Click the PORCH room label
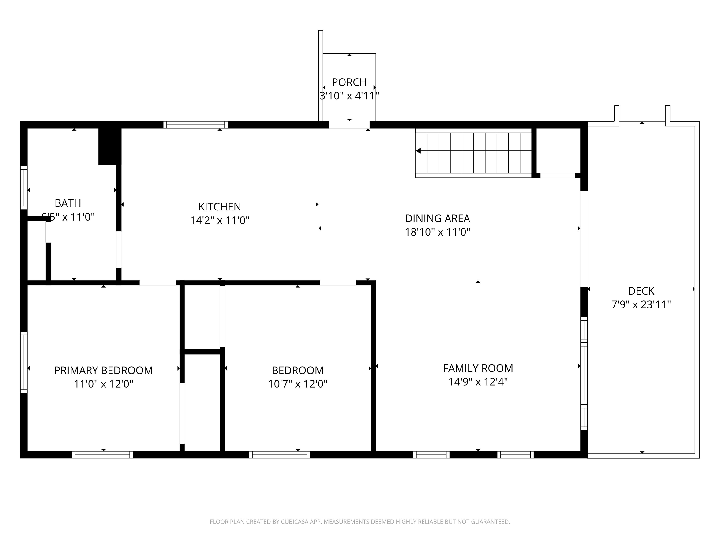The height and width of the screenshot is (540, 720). click(349, 82)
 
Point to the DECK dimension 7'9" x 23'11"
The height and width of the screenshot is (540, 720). click(641, 305)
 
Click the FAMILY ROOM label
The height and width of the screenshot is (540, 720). click(478, 368)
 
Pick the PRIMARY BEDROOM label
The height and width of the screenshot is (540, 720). click(103, 370)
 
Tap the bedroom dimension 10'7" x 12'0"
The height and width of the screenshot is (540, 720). click(297, 384)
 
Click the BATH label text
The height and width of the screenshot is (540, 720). click(68, 203)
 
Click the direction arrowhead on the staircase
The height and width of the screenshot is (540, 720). click(419, 151)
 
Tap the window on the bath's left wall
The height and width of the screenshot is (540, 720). click(24, 188)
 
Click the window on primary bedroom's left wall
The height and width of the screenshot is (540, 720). click(24, 362)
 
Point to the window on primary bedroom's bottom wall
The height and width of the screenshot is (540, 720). click(102, 455)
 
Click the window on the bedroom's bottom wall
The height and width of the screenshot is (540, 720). click(280, 455)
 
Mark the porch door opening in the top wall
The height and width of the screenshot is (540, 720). click(349, 125)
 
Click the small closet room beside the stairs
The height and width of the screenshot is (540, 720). click(558, 150)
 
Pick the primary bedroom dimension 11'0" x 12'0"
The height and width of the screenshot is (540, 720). click(103, 384)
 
